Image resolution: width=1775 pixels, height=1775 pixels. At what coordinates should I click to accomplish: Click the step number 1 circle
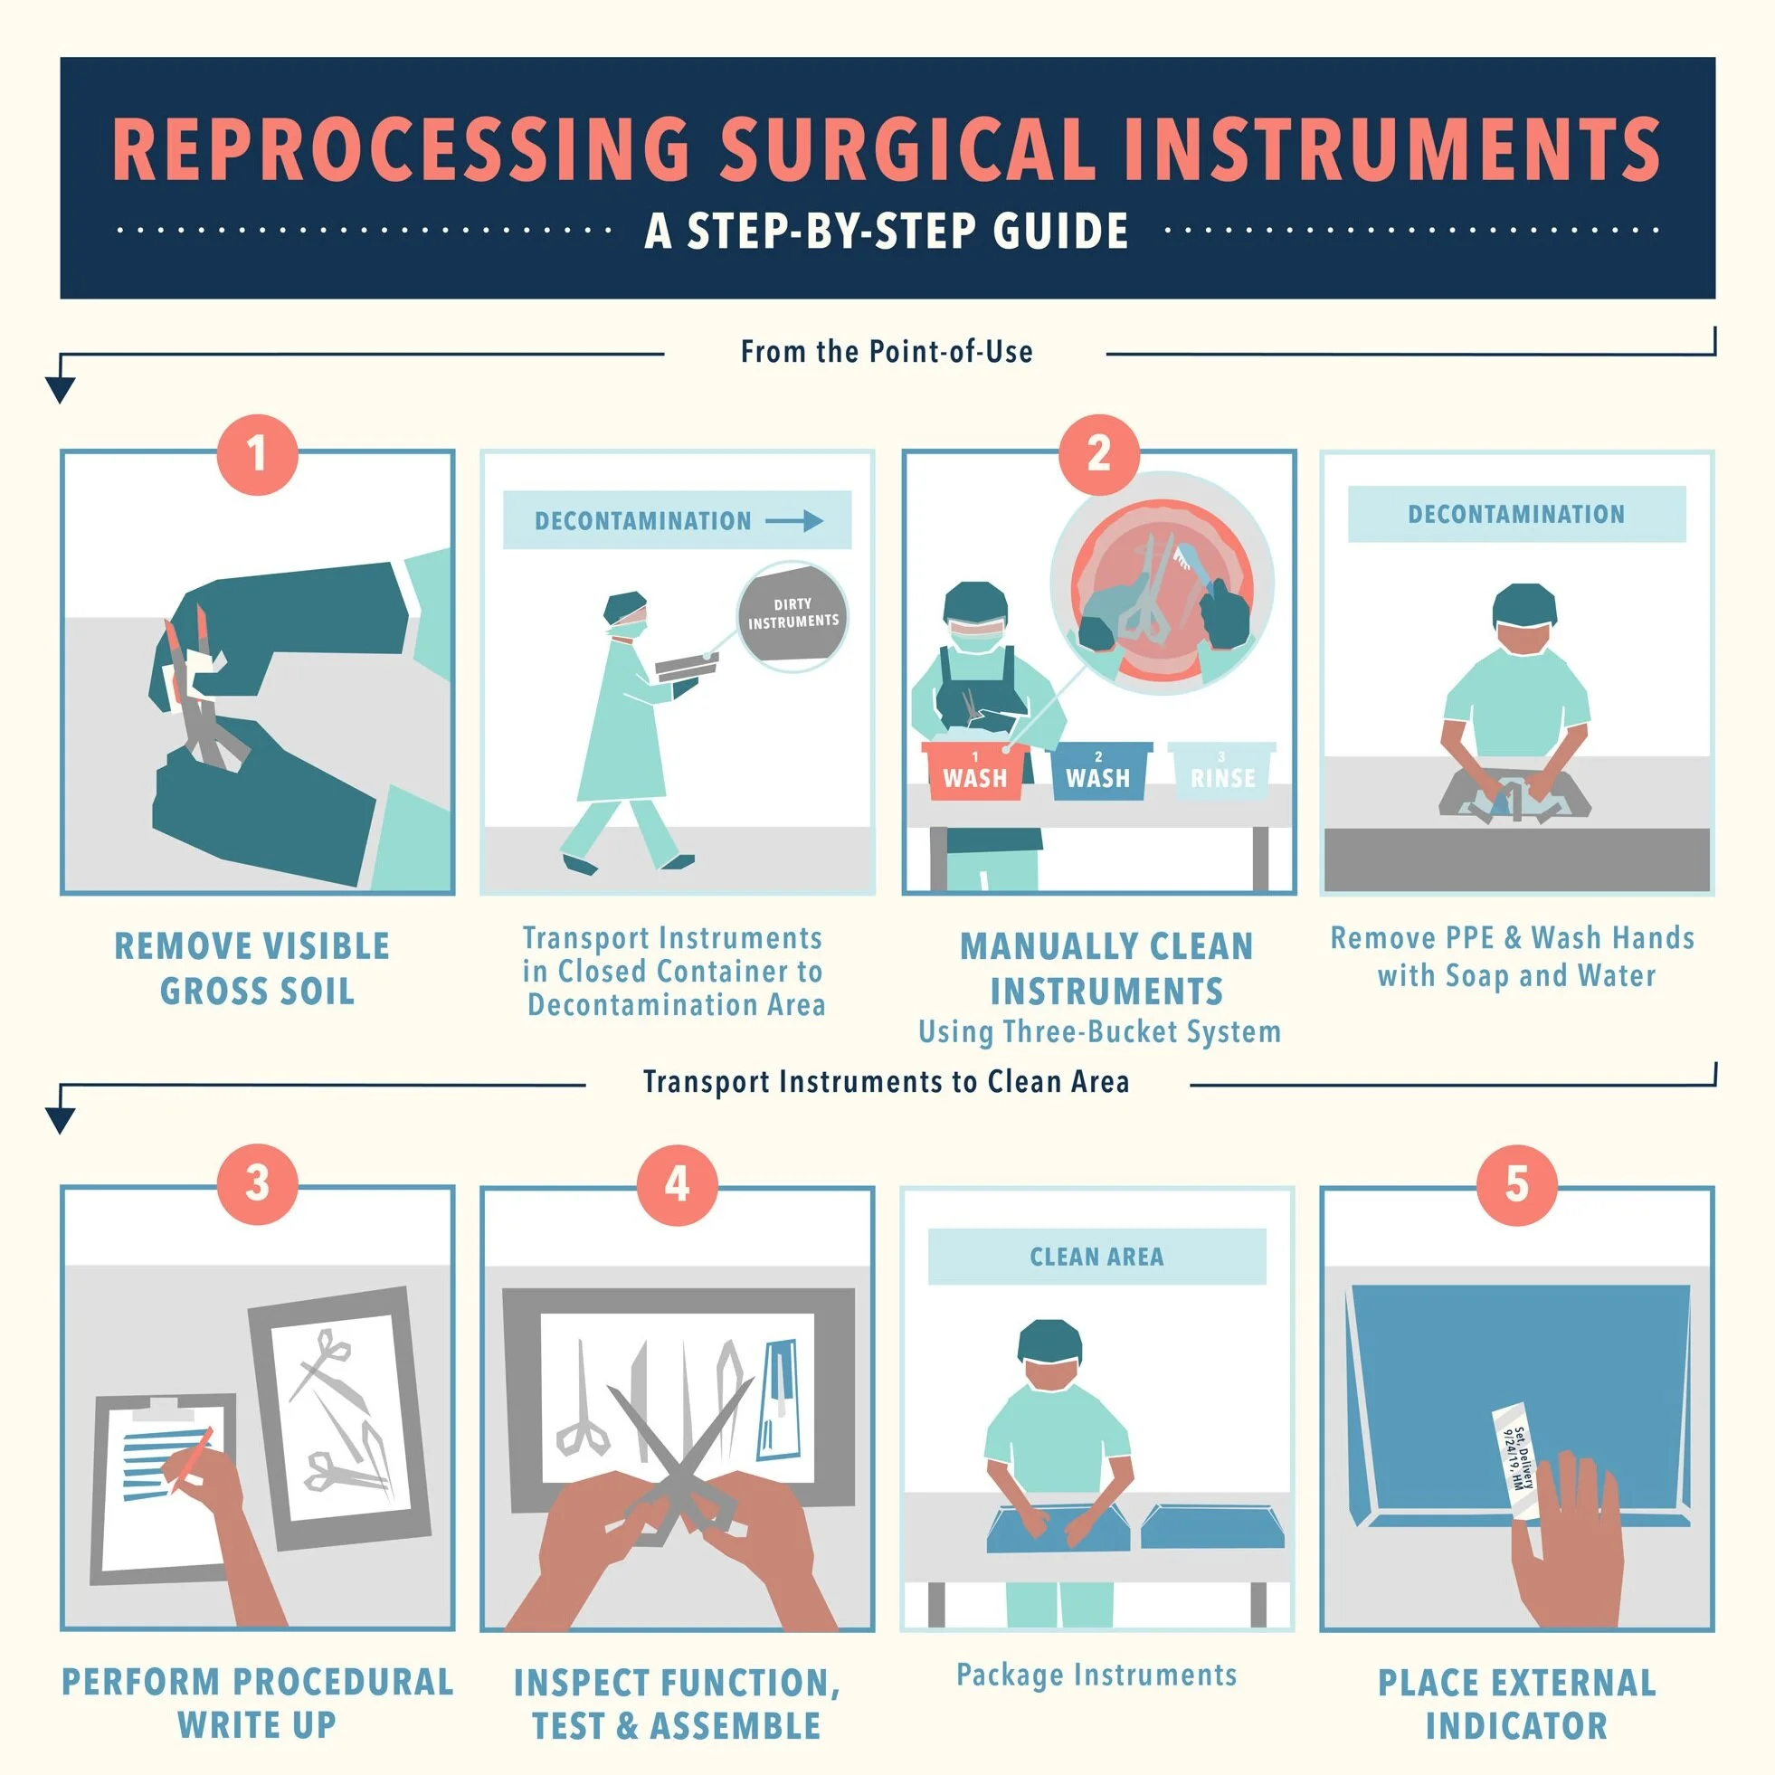(257, 454)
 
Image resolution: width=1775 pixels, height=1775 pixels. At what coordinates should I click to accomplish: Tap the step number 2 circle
(1099, 454)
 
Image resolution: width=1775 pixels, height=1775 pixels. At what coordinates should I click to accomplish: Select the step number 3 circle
(257, 1183)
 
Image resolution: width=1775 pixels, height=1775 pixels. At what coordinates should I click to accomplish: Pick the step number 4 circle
(677, 1183)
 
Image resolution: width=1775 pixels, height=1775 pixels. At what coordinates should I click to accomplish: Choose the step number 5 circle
(1517, 1183)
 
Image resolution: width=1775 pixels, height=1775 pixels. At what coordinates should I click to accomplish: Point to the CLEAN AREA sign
(1097, 1256)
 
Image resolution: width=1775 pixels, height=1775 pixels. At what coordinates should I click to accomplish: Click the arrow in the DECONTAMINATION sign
(794, 521)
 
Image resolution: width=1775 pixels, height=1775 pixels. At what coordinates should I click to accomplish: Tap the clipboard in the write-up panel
(166, 1488)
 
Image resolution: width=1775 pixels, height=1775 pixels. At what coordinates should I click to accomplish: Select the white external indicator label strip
(1515, 1462)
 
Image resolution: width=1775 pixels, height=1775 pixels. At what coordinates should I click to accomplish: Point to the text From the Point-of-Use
(887, 352)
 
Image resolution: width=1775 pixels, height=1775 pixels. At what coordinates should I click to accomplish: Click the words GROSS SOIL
(257, 992)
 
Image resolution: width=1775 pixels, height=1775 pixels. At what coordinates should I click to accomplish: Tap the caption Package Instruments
(1096, 1675)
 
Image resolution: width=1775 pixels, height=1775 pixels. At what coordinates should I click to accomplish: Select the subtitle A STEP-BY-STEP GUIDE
(887, 230)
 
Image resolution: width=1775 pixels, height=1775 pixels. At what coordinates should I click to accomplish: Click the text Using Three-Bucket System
(1099, 1031)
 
